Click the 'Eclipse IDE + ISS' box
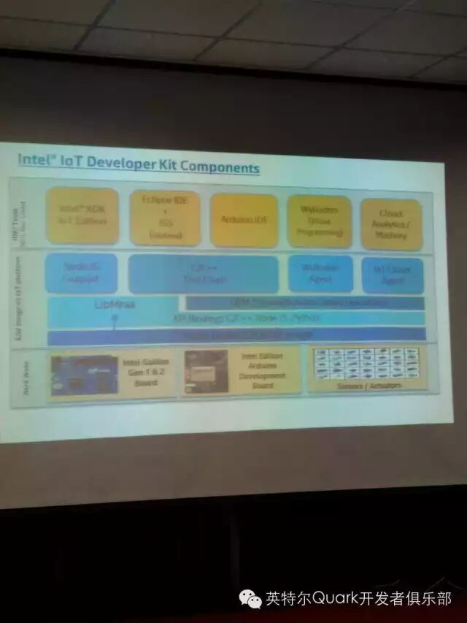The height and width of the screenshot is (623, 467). coord(165,217)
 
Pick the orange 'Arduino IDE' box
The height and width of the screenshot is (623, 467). coord(244,220)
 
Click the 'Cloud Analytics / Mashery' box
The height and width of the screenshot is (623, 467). coord(391,224)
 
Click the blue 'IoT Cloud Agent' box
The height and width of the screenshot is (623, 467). coord(393,275)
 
